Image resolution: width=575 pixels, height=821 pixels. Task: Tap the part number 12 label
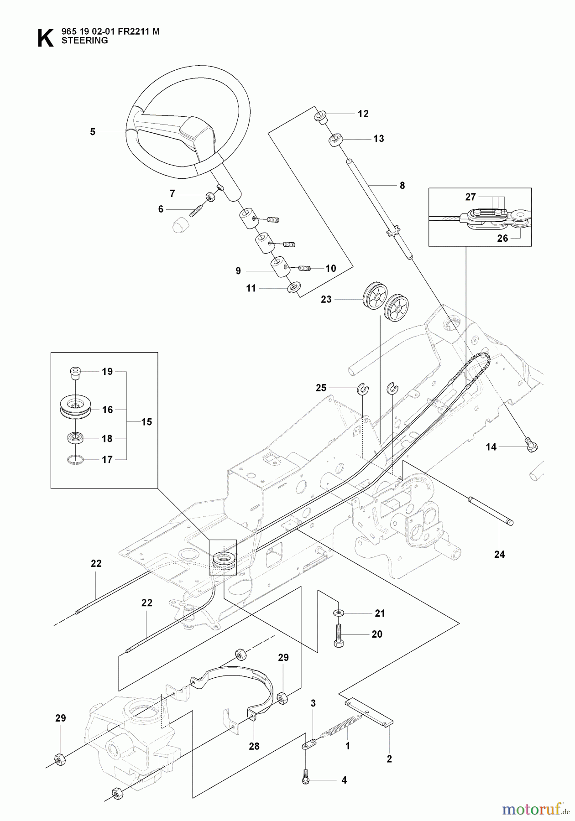[363, 114]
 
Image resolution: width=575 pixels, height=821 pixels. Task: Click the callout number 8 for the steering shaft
[402, 186]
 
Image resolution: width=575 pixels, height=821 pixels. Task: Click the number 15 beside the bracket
[146, 422]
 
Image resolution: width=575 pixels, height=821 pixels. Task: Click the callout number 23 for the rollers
[326, 300]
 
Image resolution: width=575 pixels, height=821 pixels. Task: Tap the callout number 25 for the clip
[321, 388]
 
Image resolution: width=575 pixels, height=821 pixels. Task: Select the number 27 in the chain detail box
[470, 197]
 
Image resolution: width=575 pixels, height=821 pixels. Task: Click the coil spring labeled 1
[342, 726]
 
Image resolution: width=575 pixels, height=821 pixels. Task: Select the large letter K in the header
[45, 38]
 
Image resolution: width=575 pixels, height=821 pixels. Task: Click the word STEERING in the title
[84, 40]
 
